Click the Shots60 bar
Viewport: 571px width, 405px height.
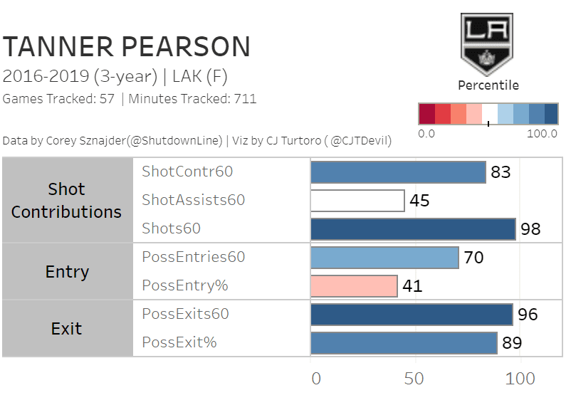[413, 228]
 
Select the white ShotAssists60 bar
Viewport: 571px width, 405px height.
[357, 200]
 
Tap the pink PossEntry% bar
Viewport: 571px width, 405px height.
[354, 285]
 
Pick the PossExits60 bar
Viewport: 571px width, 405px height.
[412, 314]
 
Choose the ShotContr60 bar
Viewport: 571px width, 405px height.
[398, 172]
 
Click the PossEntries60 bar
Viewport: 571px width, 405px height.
[384, 257]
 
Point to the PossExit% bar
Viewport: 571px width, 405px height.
[404, 342]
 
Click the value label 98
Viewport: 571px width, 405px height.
[530, 229]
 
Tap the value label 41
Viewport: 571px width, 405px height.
[412, 286]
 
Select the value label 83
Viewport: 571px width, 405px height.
[501, 172]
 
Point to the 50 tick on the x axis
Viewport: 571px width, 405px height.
[414, 377]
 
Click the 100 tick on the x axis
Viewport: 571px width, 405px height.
[520, 377]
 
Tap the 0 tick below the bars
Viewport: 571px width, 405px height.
[316, 377]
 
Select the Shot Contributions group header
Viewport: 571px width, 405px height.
[67, 200]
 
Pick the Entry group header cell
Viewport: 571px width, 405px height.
[67, 271]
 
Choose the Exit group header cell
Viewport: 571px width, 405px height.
[67, 328]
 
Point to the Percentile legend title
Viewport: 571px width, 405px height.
[488, 85]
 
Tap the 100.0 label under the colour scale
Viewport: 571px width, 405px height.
[543, 134]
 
